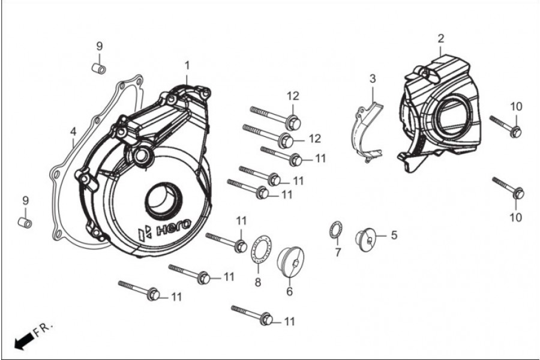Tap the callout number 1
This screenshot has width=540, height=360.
[187, 64]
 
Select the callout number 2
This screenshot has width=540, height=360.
[441, 38]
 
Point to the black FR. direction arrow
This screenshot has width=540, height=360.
[23, 341]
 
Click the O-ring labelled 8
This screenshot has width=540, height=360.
[260, 248]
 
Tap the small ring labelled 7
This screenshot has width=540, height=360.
[336, 230]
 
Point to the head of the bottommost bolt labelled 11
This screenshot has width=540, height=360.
[267, 320]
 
